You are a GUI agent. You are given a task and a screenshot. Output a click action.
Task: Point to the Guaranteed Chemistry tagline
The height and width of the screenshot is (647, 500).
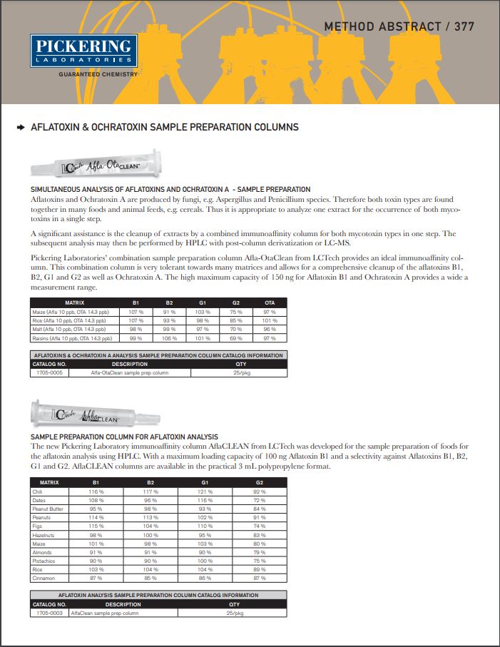pos(98,73)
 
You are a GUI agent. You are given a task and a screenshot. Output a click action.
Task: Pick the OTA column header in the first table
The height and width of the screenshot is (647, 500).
pos(270,303)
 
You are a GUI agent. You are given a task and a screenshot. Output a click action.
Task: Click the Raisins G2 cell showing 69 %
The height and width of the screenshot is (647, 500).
pos(236,337)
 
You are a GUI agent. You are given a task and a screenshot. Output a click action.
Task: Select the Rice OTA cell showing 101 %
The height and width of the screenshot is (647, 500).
pos(270,320)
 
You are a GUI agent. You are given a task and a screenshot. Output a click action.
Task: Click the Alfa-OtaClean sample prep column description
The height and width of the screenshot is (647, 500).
pos(130,372)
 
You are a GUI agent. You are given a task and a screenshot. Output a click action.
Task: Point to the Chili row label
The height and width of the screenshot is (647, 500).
pos(38,491)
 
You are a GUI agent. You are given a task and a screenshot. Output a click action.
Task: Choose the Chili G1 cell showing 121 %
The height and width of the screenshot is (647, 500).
pos(205,491)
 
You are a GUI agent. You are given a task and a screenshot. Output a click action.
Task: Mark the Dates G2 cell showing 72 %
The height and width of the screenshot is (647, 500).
pos(260,500)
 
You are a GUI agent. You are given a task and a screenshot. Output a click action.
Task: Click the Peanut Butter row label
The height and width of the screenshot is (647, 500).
pos(49,509)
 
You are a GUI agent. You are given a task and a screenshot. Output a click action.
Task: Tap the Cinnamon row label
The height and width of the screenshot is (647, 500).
pos(44,577)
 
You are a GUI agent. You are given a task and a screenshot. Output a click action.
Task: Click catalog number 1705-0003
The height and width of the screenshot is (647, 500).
pos(50,613)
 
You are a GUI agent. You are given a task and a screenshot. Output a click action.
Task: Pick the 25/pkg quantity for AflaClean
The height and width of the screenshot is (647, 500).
pos(235,613)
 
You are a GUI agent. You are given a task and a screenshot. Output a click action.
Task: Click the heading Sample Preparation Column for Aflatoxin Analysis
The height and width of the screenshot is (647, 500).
pos(124,436)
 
